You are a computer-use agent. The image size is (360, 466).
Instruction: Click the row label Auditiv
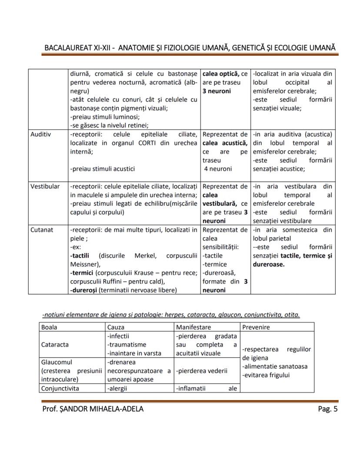click(x=40, y=134)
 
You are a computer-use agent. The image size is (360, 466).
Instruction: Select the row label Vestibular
click(x=45, y=186)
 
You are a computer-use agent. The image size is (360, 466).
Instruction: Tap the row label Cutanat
click(x=42, y=229)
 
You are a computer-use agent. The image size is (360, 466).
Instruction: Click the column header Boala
click(x=49, y=327)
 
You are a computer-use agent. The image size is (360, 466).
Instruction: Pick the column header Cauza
click(x=116, y=327)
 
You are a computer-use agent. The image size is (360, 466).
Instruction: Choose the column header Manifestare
click(x=193, y=327)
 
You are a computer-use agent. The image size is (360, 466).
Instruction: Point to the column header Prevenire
click(x=257, y=327)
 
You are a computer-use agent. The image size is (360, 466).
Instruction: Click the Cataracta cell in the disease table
click(x=55, y=345)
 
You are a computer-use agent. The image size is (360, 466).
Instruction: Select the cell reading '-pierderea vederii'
click(x=202, y=371)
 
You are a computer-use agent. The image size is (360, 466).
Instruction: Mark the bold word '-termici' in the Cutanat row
click(x=81, y=273)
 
